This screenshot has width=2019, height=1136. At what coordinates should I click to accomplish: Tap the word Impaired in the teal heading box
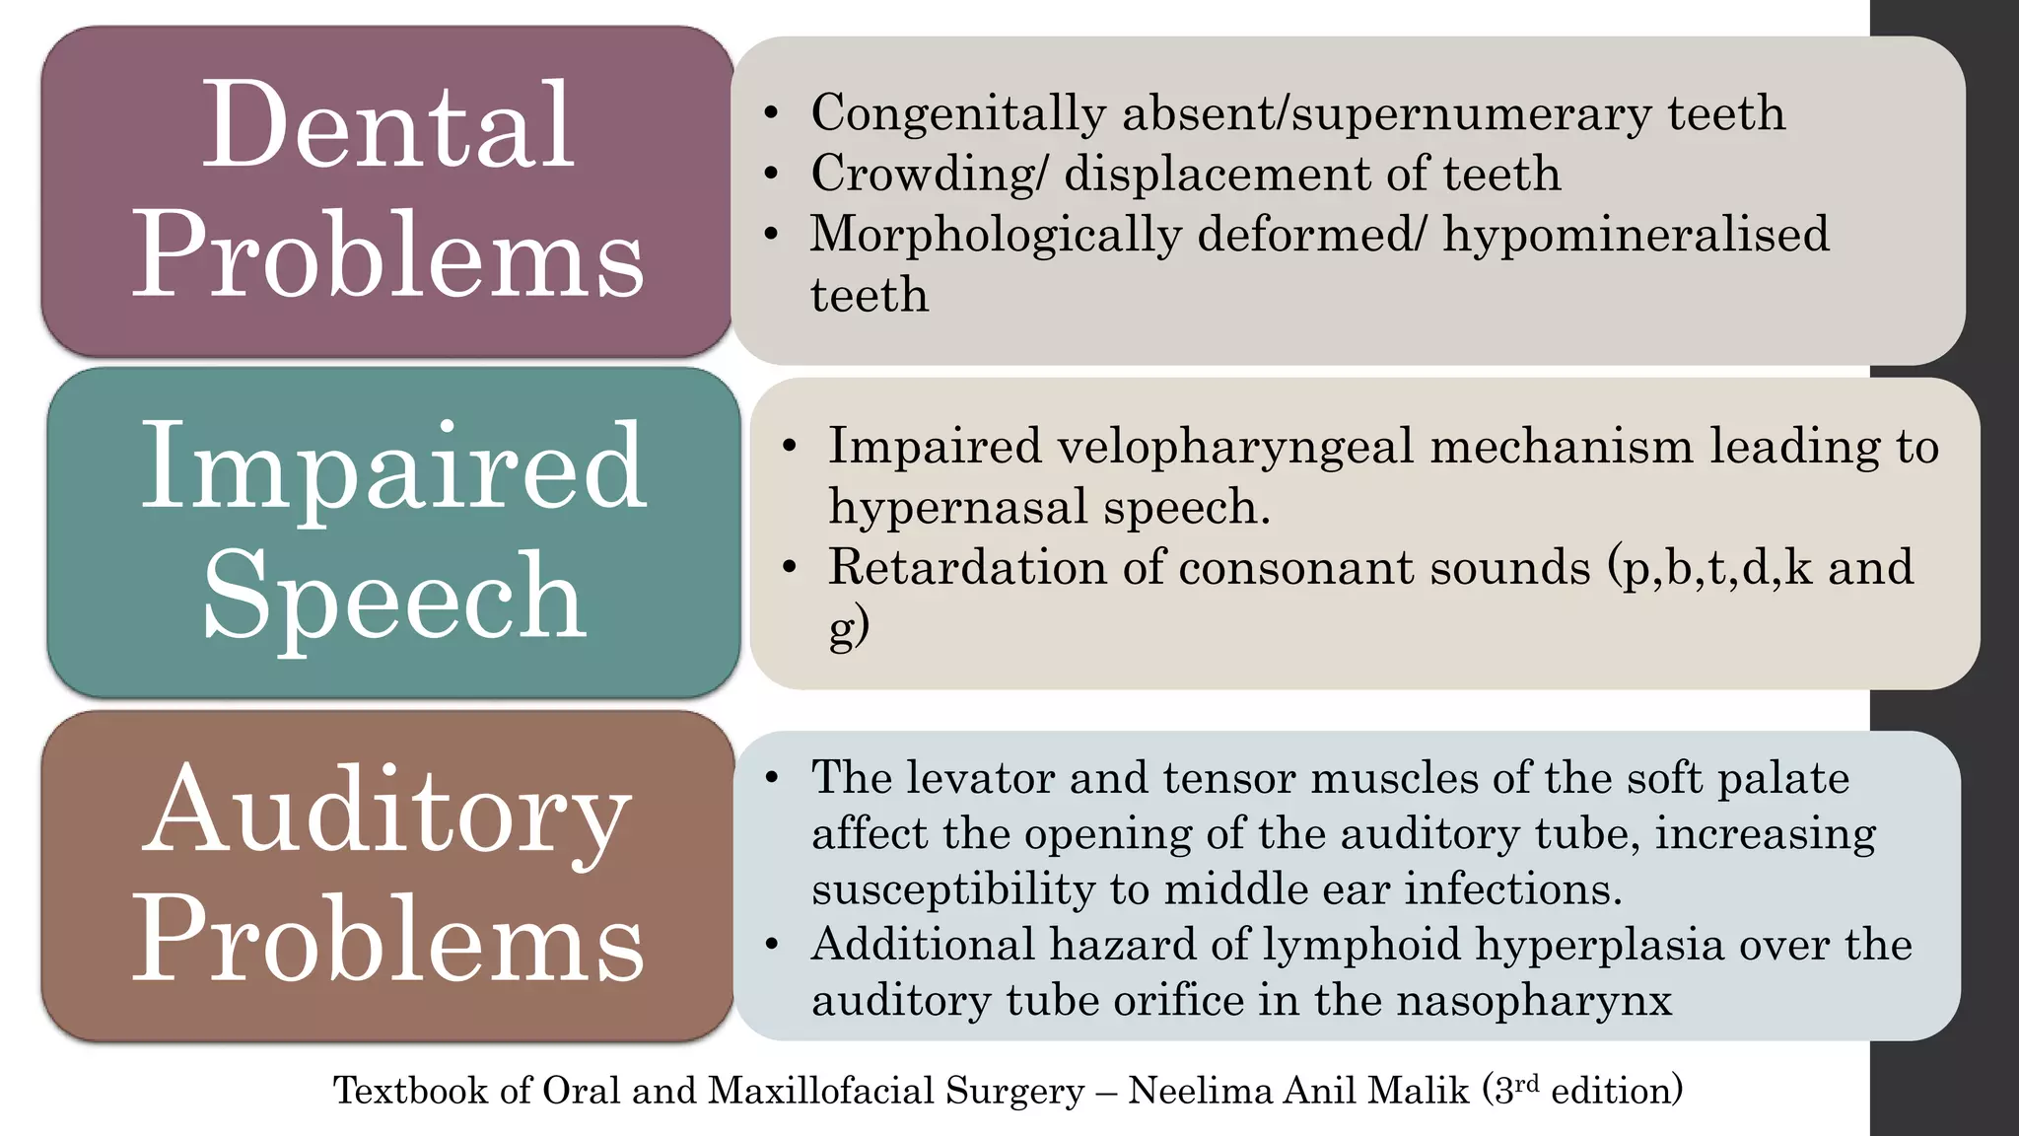[393, 465]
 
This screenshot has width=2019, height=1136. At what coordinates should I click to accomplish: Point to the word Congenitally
[957, 113]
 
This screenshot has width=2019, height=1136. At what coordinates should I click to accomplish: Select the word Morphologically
[995, 236]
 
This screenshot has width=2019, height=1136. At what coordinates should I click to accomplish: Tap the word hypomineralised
[1636, 234]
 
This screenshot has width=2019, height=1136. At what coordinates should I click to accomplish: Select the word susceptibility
[952, 889]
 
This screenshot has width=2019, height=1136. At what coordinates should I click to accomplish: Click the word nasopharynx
[1533, 1001]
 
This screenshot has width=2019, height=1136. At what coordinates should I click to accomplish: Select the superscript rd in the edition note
[1526, 1083]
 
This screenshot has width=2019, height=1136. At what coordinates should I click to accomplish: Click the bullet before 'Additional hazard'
[772, 945]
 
